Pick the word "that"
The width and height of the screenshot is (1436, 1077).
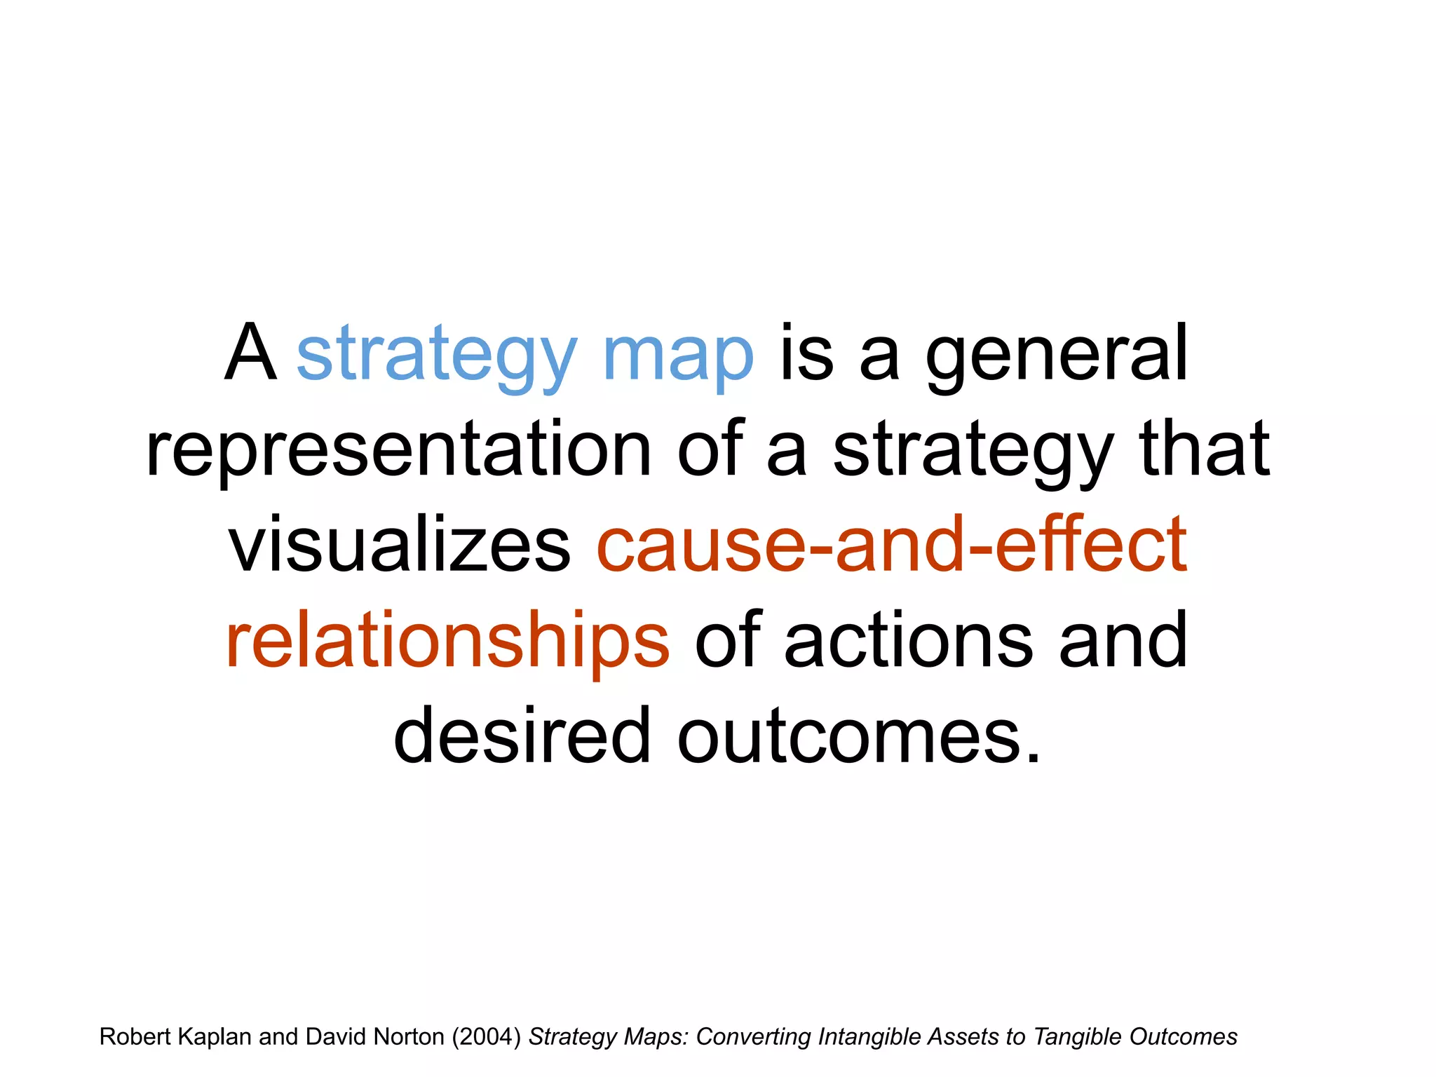(x=1205, y=449)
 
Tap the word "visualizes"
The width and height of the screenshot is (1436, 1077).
(x=400, y=545)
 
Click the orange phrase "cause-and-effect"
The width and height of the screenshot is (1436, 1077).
(x=892, y=545)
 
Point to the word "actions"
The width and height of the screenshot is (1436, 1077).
(x=908, y=640)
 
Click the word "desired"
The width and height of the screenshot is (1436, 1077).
(x=522, y=736)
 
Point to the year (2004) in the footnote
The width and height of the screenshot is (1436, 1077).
(x=486, y=1036)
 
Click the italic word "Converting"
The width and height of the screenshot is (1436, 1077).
(x=753, y=1036)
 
